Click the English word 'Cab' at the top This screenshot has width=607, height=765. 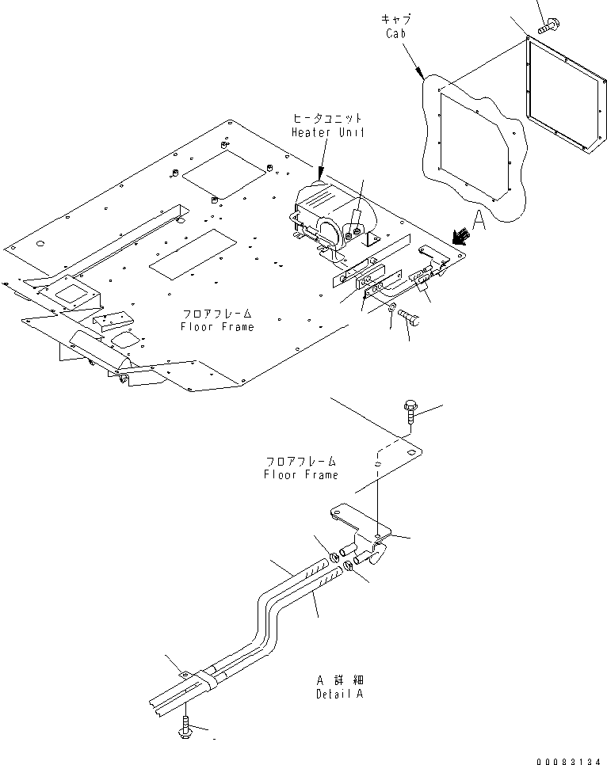pyautogui.click(x=397, y=33)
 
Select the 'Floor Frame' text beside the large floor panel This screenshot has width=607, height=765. pyautogui.click(x=217, y=326)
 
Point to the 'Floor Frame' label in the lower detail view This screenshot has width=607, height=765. pyautogui.click(x=301, y=474)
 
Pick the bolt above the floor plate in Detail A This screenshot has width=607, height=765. pyautogui.click(x=409, y=413)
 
